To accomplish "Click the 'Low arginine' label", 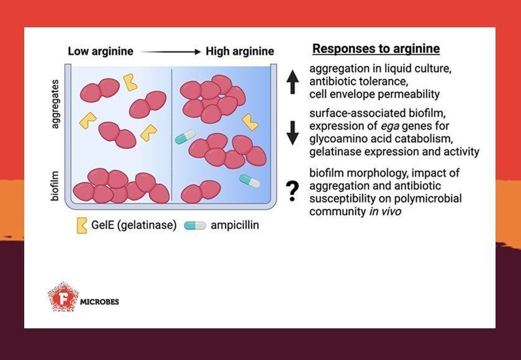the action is point(100,52).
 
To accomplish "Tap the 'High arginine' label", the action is point(240,52).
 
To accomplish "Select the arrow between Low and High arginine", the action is point(170,52).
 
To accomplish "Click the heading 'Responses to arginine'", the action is point(376,48).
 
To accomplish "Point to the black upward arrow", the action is point(293,82).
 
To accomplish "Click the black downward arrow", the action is point(293,133).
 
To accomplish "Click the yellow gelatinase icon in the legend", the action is point(82,225).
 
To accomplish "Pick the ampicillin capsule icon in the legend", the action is point(195,225).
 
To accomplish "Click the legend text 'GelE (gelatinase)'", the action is point(134,225).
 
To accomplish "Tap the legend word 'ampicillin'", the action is point(235,225).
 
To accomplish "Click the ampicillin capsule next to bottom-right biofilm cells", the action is point(250,180).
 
